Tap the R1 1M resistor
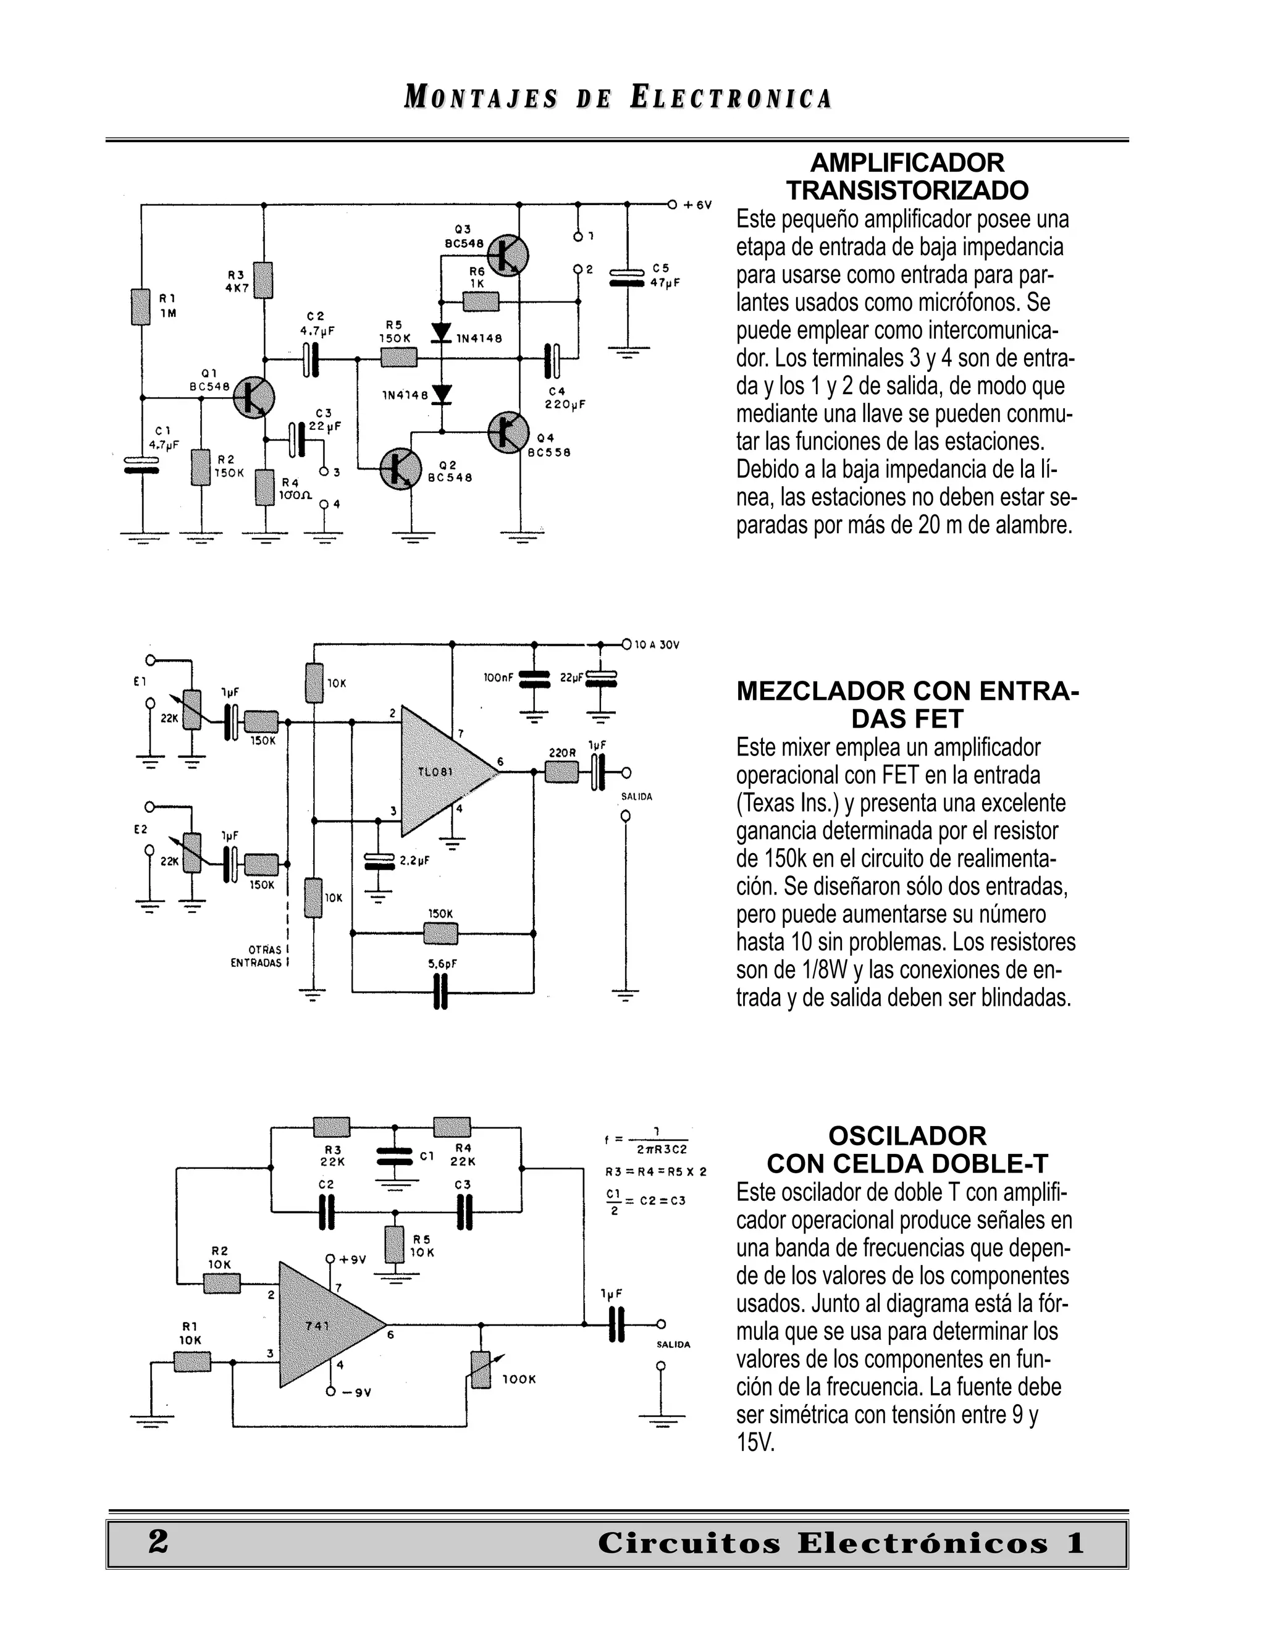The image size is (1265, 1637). (x=141, y=306)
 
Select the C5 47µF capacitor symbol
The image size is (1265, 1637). (x=628, y=277)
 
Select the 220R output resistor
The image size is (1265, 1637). (x=561, y=772)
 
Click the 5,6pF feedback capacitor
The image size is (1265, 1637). (x=440, y=994)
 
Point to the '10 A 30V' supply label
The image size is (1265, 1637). (x=657, y=644)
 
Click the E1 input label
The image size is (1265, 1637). (x=140, y=681)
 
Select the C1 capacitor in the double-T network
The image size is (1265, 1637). (x=395, y=1156)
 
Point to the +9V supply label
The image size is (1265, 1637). (x=351, y=1260)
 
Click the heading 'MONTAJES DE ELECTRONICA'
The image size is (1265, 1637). (x=618, y=98)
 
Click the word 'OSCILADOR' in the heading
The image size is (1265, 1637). (x=907, y=1136)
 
